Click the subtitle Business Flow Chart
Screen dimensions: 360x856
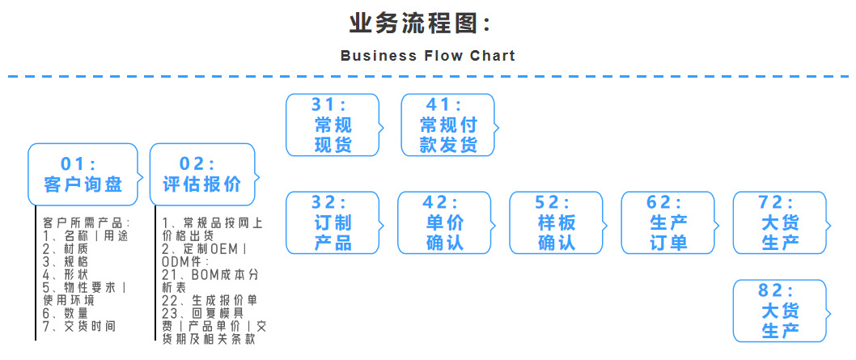click(427, 56)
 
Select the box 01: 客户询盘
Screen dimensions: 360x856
click(83, 174)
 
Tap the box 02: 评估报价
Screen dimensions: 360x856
click(202, 174)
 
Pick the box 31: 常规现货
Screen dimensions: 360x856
click(333, 125)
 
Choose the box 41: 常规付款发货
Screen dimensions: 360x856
click(448, 125)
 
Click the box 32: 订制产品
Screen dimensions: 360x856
click(333, 222)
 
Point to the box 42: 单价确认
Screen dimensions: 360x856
click(444, 222)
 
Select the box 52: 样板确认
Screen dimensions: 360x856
click(556, 222)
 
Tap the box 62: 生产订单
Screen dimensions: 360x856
click(668, 222)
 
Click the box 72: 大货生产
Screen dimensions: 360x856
click(780, 222)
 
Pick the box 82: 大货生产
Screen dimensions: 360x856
click(780, 311)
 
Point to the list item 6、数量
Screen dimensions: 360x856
click(66, 313)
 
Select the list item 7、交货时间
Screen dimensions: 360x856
click(79, 326)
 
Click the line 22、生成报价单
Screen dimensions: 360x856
click(210, 300)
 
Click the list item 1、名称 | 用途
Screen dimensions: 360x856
click(85, 235)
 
